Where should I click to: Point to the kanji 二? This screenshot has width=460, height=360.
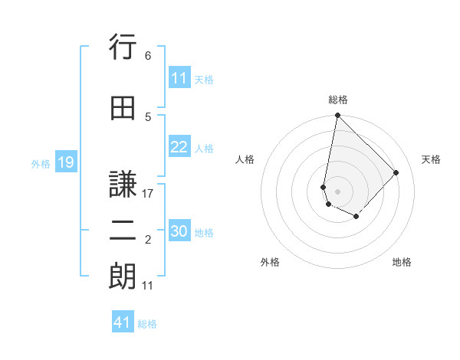click(x=122, y=230)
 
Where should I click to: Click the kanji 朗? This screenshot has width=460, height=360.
click(x=122, y=277)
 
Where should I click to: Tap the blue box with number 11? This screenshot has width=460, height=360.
click(x=179, y=78)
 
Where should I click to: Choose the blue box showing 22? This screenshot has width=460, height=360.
click(x=179, y=148)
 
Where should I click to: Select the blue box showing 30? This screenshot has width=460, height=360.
click(x=179, y=232)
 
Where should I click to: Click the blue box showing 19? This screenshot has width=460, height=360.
click(x=65, y=162)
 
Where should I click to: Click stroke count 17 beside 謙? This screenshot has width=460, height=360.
click(x=148, y=194)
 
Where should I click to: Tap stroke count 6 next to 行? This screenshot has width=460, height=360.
click(x=147, y=56)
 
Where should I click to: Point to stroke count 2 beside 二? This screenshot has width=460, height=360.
click(x=147, y=240)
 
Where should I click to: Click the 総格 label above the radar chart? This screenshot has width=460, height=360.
click(x=338, y=100)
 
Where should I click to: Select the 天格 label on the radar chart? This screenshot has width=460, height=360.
click(x=431, y=159)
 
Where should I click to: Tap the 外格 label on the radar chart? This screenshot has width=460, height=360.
click(x=270, y=262)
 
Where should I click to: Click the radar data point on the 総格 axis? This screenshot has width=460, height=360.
click(x=337, y=116)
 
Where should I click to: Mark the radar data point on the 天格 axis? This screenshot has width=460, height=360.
click(x=396, y=172)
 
